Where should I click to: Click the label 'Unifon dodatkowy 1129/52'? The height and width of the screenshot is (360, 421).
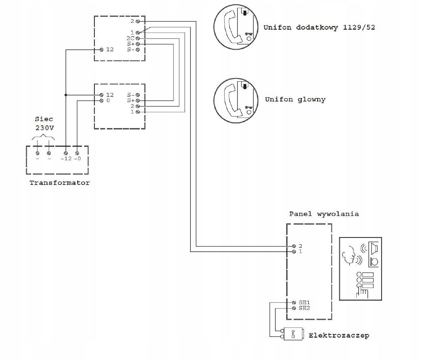click(x=319, y=27)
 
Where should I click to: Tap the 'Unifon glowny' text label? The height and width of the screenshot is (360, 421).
click(x=295, y=100)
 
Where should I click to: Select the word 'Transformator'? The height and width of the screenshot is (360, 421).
click(x=59, y=183)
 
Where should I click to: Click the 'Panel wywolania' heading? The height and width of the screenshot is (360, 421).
click(x=324, y=214)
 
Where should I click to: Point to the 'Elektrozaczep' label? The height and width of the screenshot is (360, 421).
click(x=339, y=336)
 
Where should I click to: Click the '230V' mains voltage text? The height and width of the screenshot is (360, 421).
click(x=44, y=128)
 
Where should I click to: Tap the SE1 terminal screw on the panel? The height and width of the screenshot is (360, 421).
click(x=294, y=303)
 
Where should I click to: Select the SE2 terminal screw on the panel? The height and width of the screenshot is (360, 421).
click(x=294, y=308)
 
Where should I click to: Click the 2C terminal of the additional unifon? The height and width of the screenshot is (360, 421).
click(x=138, y=38)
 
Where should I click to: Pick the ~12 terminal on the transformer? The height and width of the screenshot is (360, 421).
click(x=66, y=153)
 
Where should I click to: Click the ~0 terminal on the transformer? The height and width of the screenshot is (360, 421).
click(x=77, y=153)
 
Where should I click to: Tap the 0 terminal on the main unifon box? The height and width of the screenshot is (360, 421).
click(x=101, y=101)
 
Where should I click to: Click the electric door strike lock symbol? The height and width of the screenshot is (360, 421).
click(x=293, y=334)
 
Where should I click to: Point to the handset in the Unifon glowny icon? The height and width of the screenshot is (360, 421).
click(x=230, y=100)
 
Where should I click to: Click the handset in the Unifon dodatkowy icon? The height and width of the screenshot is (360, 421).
click(x=230, y=26)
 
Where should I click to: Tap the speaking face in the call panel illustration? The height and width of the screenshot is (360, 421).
click(x=348, y=255)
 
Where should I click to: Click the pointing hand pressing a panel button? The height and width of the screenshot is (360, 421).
click(x=362, y=292)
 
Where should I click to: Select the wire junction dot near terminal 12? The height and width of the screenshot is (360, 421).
click(x=66, y=95)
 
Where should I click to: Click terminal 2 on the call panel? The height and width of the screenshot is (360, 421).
click(x=294, y=246)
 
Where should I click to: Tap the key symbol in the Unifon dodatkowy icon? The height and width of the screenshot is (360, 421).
click(x=249, y=34)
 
